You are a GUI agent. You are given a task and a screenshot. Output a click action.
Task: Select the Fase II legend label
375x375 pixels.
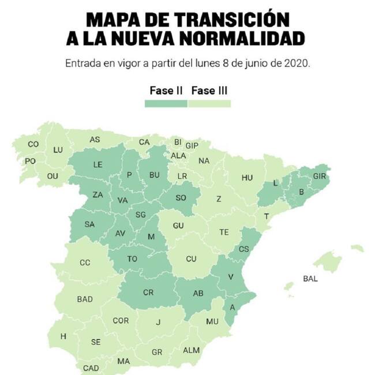[166, 91]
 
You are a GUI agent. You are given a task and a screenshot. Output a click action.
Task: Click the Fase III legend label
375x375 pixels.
[211, 91]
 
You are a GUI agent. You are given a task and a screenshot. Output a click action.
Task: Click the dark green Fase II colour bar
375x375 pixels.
[166, 104]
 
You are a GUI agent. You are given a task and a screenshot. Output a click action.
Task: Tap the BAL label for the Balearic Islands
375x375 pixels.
[310, 279]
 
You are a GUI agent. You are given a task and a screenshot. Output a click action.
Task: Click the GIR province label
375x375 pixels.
[320, 176]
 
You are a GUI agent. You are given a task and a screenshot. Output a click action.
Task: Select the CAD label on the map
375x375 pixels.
[91, 367]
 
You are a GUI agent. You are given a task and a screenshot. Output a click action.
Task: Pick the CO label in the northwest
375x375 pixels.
[33, 144]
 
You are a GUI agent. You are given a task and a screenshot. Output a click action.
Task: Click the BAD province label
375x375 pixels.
[85, 299]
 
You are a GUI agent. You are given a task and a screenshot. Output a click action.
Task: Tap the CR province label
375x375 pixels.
[148, 292]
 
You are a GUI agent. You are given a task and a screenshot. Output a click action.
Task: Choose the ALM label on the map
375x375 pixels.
[191, 350]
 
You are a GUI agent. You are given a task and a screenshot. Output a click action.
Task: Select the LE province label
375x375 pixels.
[98, 164]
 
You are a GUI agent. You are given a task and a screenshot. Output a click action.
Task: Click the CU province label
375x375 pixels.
[192, 259]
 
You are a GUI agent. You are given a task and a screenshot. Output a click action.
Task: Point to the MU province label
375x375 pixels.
[212, 321]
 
